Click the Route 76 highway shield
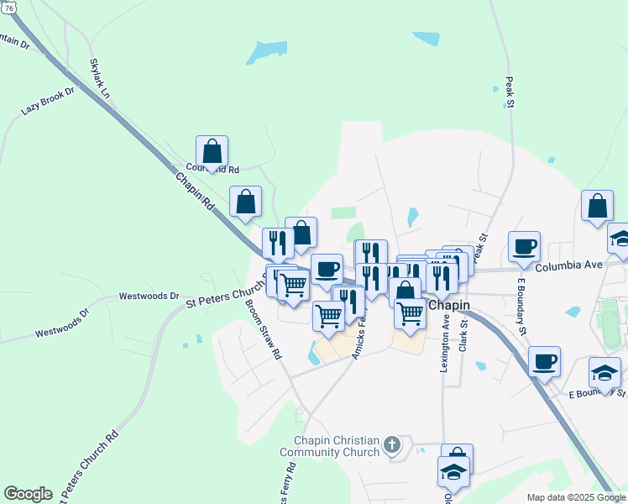point(8,7)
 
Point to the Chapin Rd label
point(195,192)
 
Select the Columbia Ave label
point(569,265)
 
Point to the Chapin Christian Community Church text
point(337,446)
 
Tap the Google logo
point(28,494)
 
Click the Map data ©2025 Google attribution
point(575,497)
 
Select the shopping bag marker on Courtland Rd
point(212,151)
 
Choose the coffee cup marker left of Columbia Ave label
point(524,246)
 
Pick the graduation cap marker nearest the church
point(453,472)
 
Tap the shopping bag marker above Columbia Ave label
point(596,206)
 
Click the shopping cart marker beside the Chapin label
point(410,312)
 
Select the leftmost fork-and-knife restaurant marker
point(278,243)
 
